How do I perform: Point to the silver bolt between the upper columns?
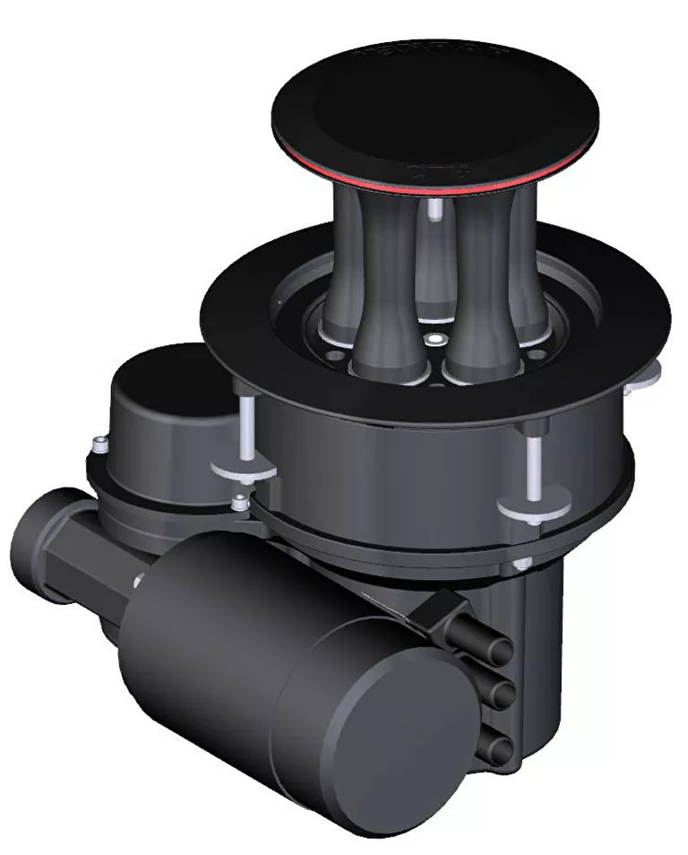[x=434, y=211]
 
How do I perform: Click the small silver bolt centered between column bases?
[x=435, y=339]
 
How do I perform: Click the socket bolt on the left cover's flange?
[x=101, y=443]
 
